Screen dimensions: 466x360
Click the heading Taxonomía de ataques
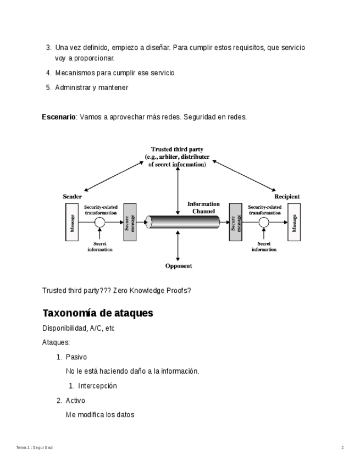[x=97, y=313]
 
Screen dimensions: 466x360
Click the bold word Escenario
[x=59, y=117]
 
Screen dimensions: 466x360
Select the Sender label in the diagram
[x=73, y=196]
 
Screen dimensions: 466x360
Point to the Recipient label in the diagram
[x=287, y=196]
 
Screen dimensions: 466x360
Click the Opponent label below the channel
[x=179, y=266]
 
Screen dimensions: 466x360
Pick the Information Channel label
[x=203, y=207]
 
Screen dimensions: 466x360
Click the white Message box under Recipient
[x=294, y=223]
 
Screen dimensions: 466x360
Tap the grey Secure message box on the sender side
[x=130, y=223]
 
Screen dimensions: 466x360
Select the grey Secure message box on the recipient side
[x=236, y=223]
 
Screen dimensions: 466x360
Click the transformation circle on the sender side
[x=99, y=223]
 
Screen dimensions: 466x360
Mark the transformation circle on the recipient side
[x=264, y=223]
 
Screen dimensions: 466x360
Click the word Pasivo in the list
[x=76, y=357]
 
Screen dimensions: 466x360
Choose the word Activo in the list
[x=75, y=401]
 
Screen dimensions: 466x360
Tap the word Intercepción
[x=97, y=386]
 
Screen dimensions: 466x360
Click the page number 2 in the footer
[x=342, y=448]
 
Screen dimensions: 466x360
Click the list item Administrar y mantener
[x=91, y=87]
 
